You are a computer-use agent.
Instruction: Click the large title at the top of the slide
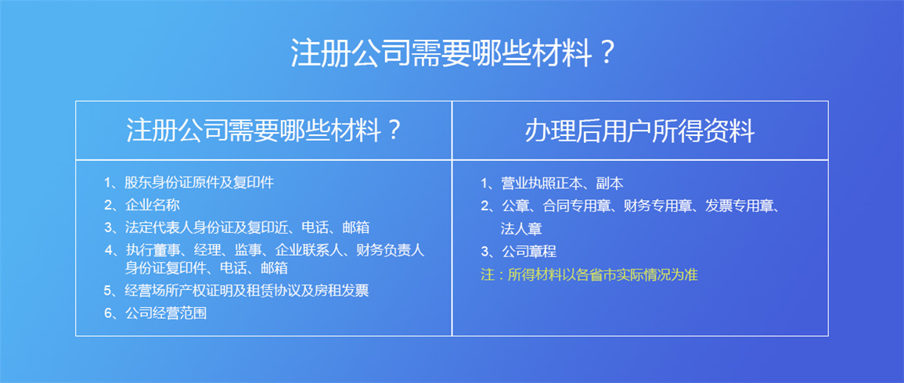(x=452, y=54)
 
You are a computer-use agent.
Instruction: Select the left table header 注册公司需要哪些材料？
(x=264, y=131)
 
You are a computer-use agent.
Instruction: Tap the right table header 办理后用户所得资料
(x=640, y=131)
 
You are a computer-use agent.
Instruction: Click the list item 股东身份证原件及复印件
(x=199, y=183)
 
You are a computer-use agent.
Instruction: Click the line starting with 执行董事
(x=275, y=250)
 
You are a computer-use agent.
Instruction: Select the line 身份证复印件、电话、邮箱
(x=207, y=268)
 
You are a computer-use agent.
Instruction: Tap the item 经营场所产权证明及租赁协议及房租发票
(x=247, y=290)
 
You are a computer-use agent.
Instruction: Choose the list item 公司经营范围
(x=165, y=314)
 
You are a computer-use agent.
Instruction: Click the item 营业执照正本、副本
(x=562, y=184)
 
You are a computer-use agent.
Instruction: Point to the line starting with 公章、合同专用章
(x=640, y=206)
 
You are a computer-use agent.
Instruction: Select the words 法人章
(x=521, y=229)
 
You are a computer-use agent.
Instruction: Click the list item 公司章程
(x=528, y=252)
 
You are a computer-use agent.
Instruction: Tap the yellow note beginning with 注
(x=589, y=274)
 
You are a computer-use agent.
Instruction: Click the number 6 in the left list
(x=108, y=314)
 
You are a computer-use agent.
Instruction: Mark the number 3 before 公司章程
(x=484, y=252)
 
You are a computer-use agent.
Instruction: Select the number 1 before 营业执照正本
(x=484, y=184)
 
